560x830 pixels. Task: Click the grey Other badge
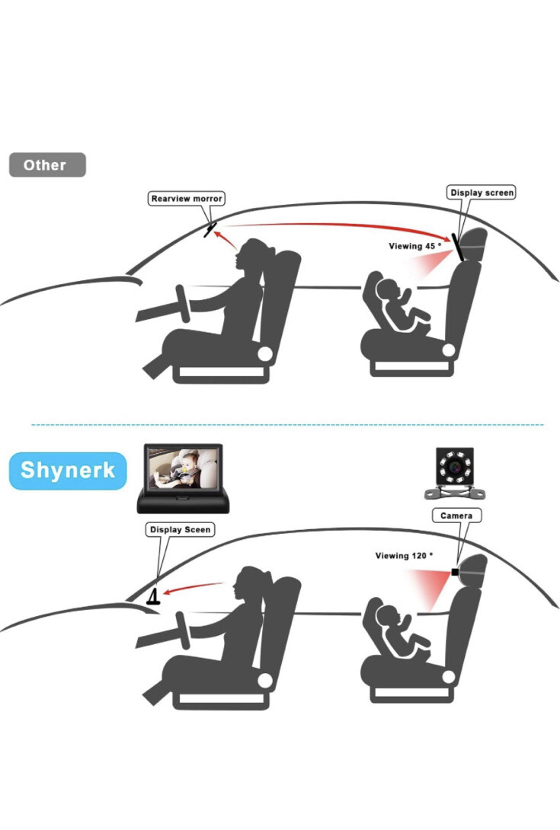47,164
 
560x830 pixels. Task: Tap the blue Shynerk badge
68,471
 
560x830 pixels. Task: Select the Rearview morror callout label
187,199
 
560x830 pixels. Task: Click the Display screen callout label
482,193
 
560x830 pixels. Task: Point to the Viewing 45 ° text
414,246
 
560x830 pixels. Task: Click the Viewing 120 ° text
404,556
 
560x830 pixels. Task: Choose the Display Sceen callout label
180,529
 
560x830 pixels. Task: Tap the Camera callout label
456,516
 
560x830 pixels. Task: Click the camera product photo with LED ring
455,473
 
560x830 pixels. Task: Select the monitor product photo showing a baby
184,478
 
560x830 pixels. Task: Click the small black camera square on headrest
455,572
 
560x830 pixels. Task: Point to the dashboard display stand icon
153,596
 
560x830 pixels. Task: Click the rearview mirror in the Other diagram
210,230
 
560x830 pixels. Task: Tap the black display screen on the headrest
458,247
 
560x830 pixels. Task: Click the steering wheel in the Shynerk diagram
183,630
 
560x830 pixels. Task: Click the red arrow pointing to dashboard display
193,588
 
